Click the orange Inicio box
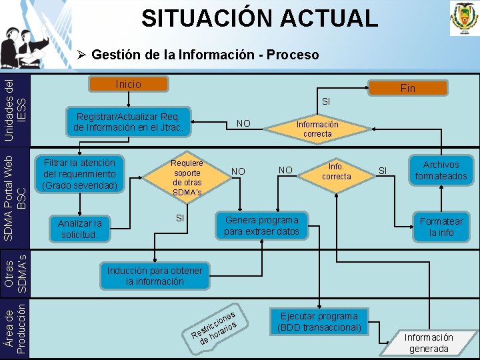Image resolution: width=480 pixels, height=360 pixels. (129, 85)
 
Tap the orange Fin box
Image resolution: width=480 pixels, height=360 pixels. (407, 88)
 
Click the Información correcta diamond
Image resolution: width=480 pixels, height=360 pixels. (317, 129)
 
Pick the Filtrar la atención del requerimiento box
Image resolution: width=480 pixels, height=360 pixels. (79, 173)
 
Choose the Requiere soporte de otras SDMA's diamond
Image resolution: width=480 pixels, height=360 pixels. (187, 177)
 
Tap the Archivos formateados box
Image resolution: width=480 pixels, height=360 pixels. (441, 171)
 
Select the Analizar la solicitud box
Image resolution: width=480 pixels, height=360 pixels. (79, 229)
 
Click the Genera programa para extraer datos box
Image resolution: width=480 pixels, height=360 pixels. (261, 226)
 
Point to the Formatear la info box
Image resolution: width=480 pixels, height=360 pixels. (441, 227)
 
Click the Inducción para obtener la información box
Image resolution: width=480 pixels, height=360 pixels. (155, 276)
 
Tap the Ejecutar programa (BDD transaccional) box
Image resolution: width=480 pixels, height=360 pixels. (319, 322)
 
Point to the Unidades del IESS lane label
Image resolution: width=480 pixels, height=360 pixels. (15, 107)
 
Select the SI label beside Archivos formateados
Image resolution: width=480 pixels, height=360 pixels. (383, 171)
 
